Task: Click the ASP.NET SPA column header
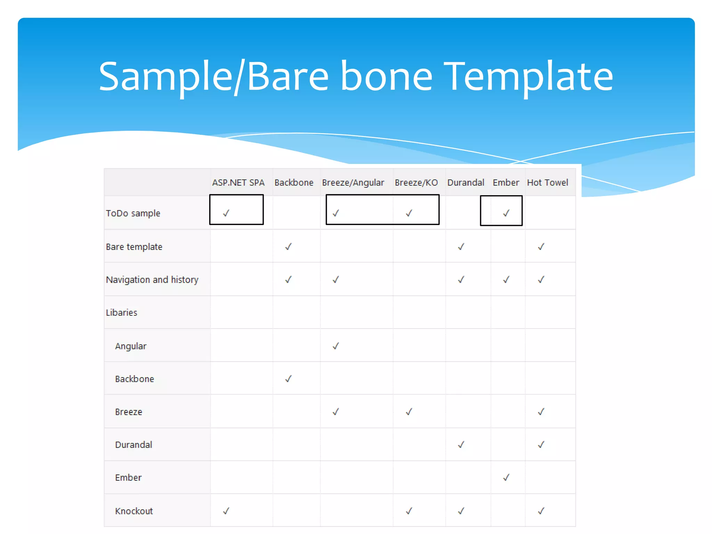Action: pos(238,183)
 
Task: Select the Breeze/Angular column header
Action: pos(353,183)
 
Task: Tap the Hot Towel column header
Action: pos(547,183)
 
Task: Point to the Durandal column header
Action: pos(466,183)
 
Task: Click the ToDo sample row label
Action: pos(133,213)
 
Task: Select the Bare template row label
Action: pos(134,247)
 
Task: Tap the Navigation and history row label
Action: pos(152,280)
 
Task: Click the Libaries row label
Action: pos(121,313)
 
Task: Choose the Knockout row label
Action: pos(134,511)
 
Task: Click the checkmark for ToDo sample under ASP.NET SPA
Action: pos(226,213)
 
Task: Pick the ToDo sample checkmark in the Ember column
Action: pos(506,213)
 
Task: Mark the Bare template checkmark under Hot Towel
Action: pos(541,247)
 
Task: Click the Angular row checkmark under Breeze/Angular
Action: pos(335,346)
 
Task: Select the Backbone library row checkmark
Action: pos(288,379)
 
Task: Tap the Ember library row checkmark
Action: pos(506,477)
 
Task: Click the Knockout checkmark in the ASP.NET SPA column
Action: pos(226,511)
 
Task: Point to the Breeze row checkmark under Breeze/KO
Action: pos(409,412)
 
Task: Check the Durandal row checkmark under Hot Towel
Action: pos(541,445)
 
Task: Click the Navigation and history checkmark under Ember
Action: pos(506,280)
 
